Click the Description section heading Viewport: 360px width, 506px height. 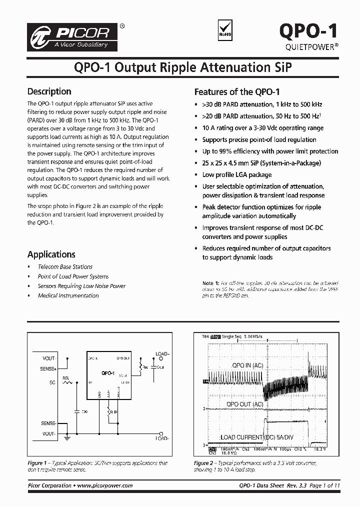tap(49, 91)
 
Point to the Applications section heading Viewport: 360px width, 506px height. tap(51, 254)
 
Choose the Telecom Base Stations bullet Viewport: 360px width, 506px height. tap(65, 267)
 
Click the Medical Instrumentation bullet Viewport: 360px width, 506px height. tap(68, 295)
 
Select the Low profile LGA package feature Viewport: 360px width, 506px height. tap(237, 174)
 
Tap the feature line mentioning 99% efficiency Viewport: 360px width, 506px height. tap(270, 151)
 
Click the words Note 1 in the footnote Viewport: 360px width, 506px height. tap(210, 283)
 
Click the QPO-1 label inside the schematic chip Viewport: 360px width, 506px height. tap(107, 373)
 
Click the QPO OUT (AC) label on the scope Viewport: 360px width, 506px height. tap(244, 404)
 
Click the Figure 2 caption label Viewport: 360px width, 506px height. tap(204, 463)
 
